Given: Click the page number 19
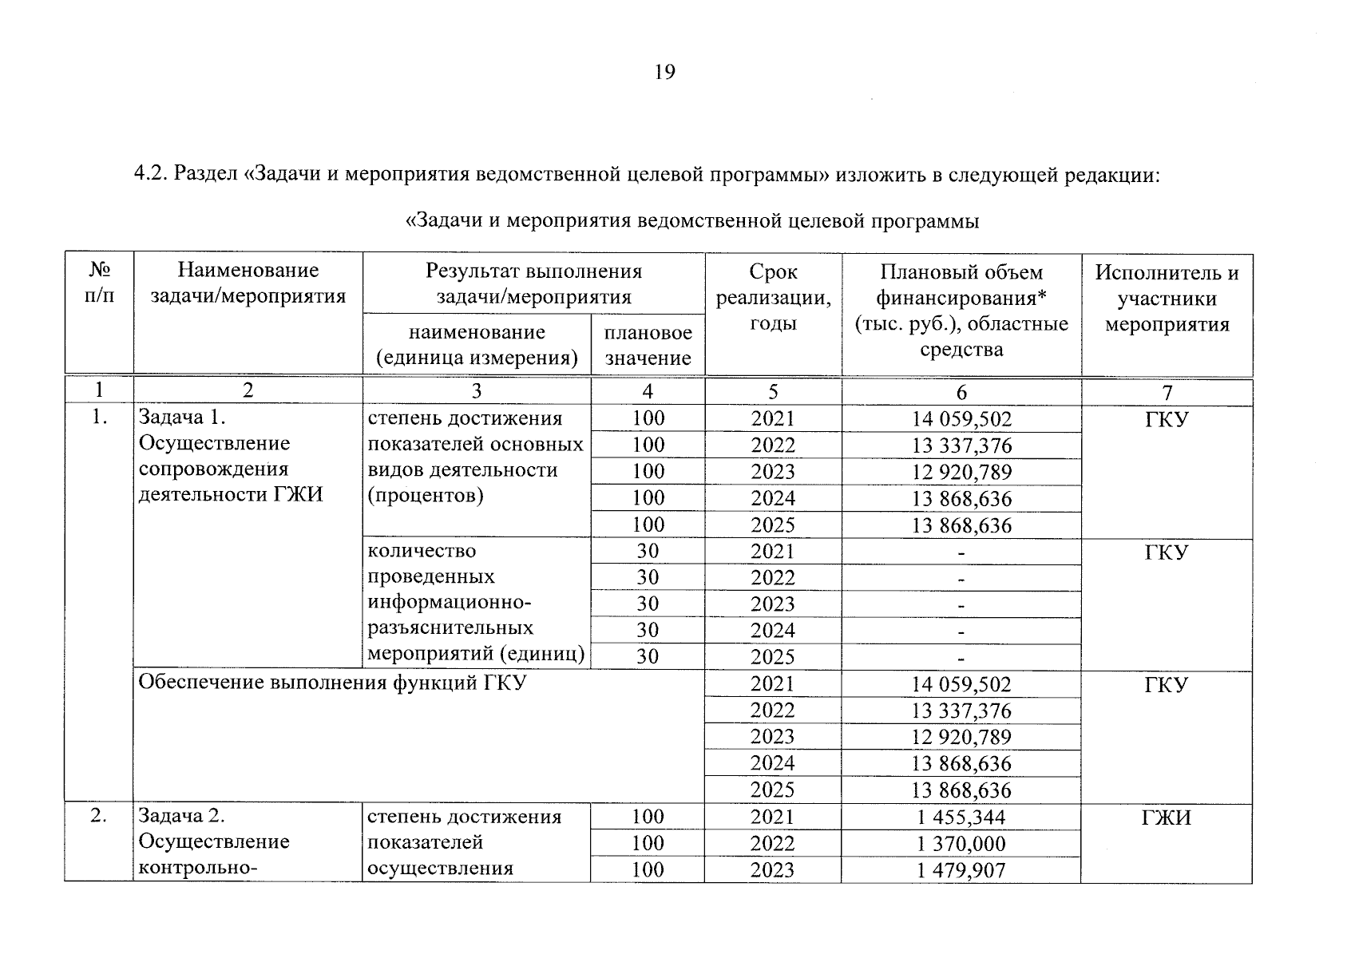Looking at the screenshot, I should [664, 73].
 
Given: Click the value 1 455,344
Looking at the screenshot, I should [961, 817].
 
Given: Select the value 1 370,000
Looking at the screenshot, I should [961, 843].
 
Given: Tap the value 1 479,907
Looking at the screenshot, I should [961, 869].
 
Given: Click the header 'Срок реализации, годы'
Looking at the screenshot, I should [773, 298].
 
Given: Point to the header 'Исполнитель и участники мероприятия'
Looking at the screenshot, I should [1167, 298].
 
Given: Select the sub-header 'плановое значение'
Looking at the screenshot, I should [648, 345].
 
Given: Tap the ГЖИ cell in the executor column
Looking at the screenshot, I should [1167, 817].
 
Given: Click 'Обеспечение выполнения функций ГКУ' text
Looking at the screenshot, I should [332, 683].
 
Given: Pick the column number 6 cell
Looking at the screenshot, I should [961, 391].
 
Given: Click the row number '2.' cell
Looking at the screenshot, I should [99, 816].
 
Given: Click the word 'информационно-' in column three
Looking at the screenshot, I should [449, 602].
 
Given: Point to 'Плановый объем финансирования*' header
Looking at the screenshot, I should [961, 285].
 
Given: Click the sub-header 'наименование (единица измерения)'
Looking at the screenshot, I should [477, 345].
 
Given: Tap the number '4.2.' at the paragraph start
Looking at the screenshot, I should [149, 174].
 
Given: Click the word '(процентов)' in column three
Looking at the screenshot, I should [426, 495].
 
